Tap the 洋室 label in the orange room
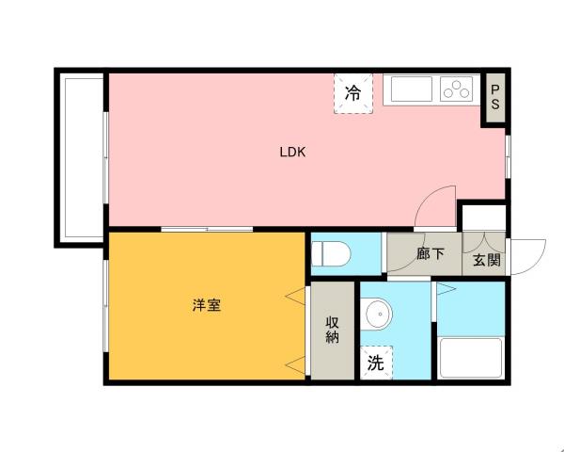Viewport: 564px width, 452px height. tap(207, 306)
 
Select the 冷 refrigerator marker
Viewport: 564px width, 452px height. tap(352, 93)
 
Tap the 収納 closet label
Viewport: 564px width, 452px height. tap(332, 331)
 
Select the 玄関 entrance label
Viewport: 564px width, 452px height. tap(486, 260)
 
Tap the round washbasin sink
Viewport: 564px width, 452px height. tap(379, 314)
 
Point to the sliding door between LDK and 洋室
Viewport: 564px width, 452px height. tap(206, 229)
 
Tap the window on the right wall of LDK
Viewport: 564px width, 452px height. tap(508, 155)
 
